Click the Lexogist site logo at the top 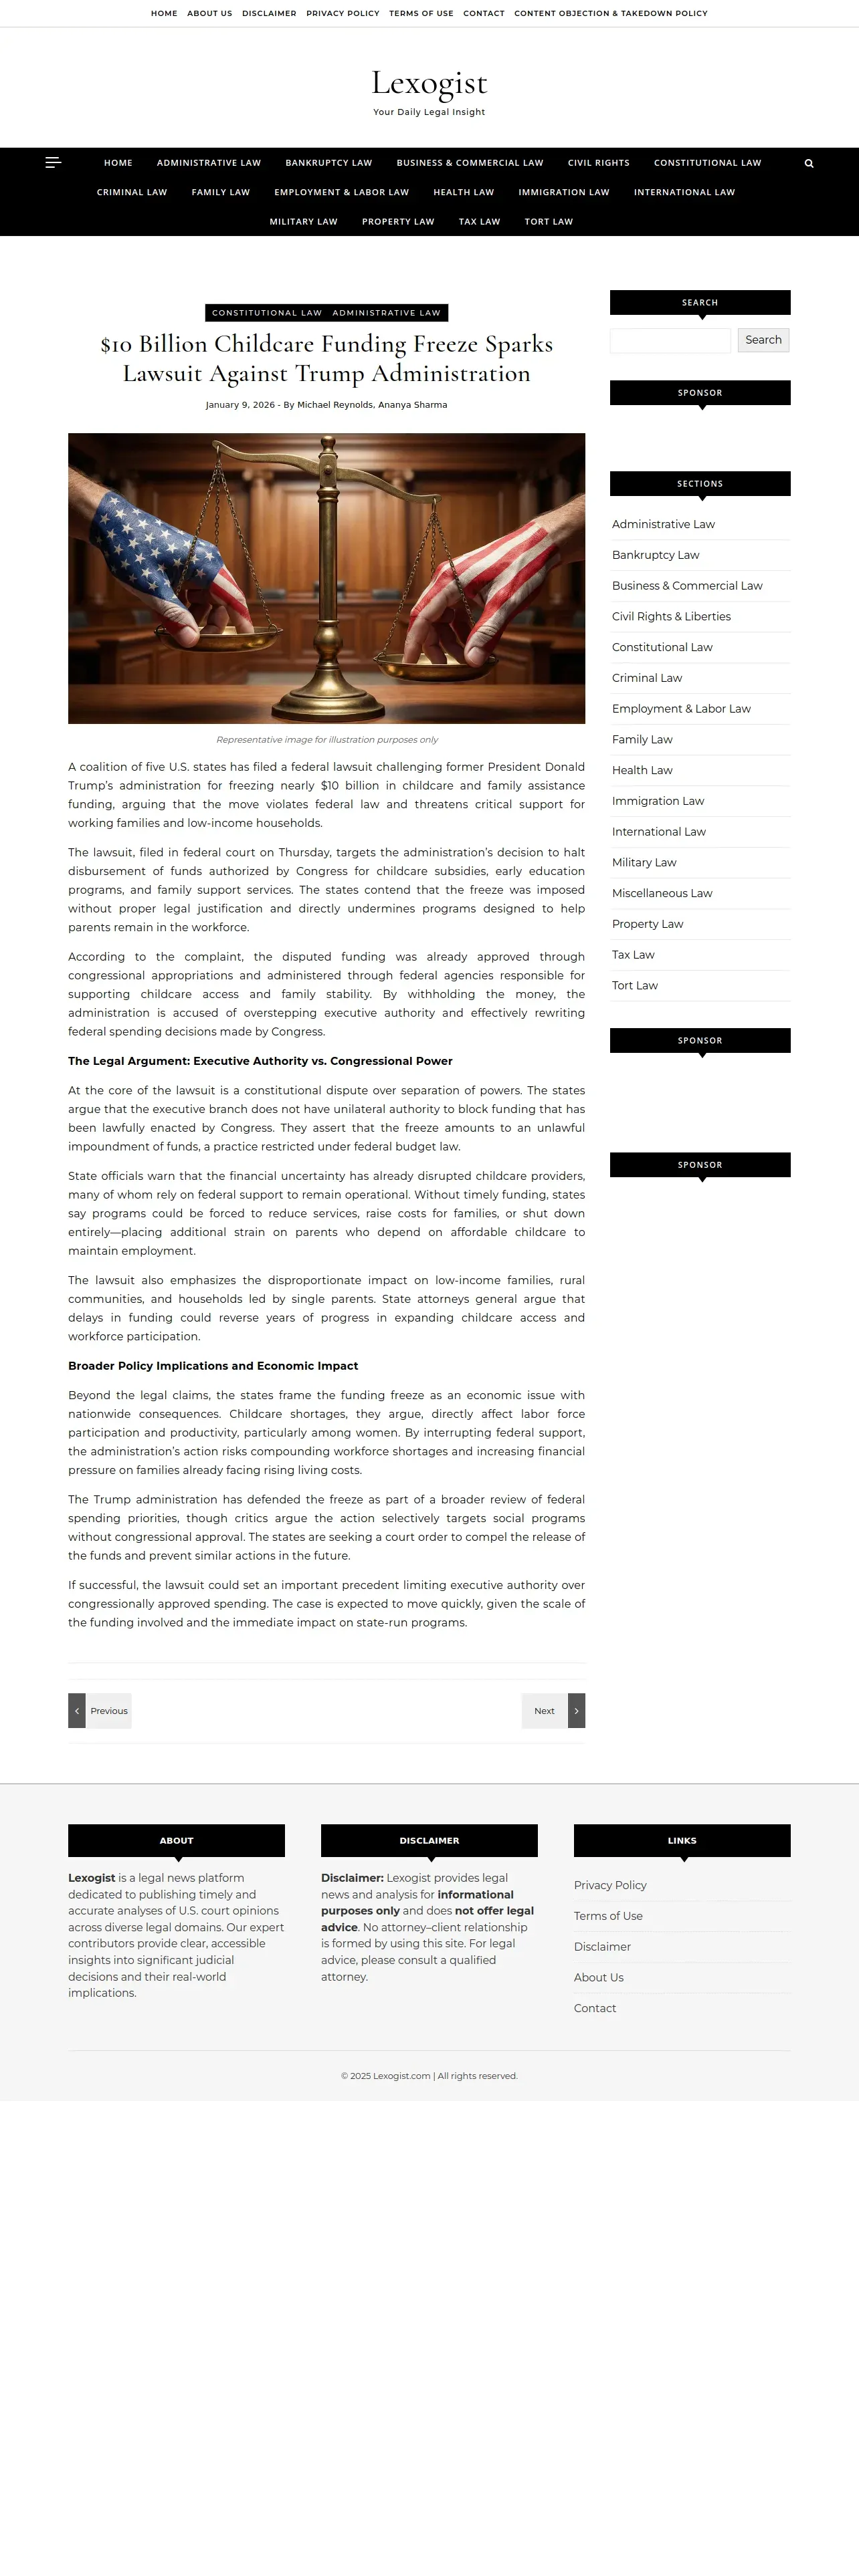(x=429, y=83)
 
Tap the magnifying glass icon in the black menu (x=809, y=164)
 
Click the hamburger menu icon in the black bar (x=53, y=162)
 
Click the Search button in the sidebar (x=763, y=340)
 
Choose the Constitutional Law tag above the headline (x=267, y=313)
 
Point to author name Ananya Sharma (x=412, y=405)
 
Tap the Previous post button (x=100, y=1711)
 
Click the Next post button (x=553, y=1711)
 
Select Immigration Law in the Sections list (x=658, y=801)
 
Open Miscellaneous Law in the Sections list (x=662, y=892)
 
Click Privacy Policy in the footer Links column (x=610, y=1885)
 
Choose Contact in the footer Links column (x=595, y=2008)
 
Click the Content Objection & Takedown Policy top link (x=610, y=13)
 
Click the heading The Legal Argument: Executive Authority (x=260, y=1061)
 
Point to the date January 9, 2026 (x=240, y=405)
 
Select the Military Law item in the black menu (x=303, y=222)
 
